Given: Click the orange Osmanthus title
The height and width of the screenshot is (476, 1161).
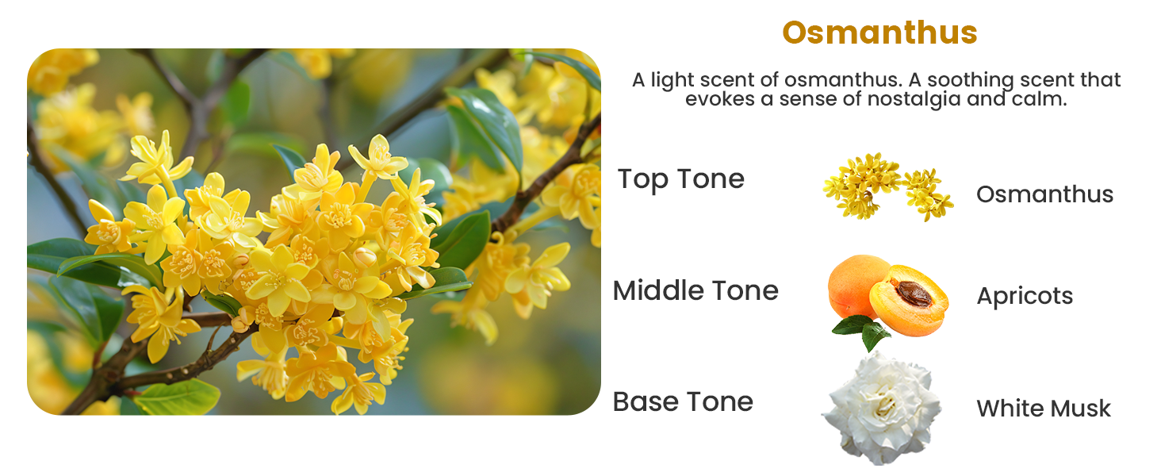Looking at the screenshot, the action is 879,33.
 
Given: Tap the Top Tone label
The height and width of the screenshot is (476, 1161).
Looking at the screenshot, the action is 681,180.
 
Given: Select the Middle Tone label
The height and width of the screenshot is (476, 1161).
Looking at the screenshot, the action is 695,290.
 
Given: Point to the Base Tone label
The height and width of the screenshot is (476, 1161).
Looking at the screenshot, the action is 683,402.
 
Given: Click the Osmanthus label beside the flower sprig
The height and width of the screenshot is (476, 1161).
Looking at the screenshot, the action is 1045,194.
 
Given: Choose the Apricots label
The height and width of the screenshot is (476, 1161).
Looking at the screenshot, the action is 1025,297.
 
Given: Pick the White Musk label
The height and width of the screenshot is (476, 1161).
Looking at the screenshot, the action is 1044,409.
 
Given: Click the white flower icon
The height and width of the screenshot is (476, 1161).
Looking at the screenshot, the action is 881,409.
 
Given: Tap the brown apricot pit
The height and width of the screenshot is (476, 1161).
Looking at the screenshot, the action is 914,294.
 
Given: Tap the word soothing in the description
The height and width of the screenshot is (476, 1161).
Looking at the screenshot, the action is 970,80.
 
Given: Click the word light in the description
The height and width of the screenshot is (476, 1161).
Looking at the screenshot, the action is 672,80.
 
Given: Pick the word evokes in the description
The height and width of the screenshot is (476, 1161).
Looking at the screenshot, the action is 720,99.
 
